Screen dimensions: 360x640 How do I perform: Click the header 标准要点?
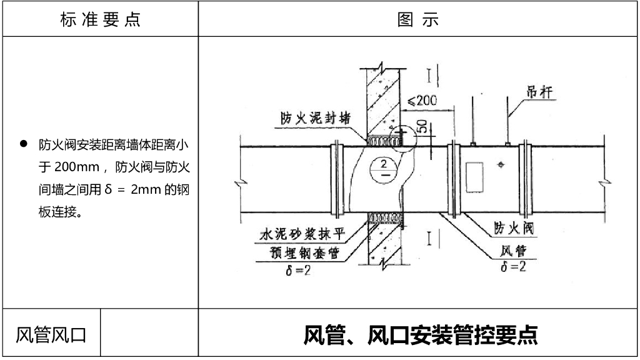(100, 19)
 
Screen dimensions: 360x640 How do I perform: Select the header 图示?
(418, 19)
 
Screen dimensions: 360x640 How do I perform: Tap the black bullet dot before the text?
(24, 144)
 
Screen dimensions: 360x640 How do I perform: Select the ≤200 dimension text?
(422, 100)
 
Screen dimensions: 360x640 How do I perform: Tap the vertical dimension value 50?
(422, 127)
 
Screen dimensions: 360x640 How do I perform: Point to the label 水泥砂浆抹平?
(298, 236)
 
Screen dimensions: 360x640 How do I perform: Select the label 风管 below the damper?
(513, 251)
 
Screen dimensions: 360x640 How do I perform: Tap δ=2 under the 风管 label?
(513, 267)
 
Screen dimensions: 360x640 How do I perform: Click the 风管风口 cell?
(51, 334)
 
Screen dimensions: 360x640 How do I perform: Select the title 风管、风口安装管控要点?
(420, 334)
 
